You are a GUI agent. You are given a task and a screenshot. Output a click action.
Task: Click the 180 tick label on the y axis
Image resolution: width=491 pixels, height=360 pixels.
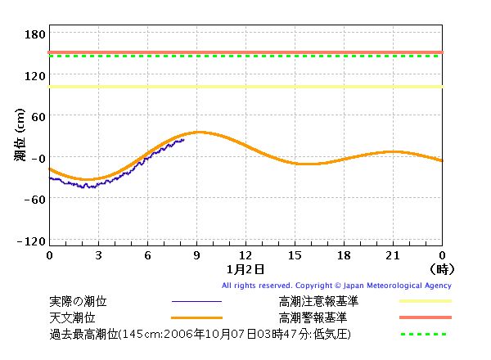(x=34, y=34)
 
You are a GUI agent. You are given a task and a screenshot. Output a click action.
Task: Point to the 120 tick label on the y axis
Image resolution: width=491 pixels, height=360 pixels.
(x=34, y=76)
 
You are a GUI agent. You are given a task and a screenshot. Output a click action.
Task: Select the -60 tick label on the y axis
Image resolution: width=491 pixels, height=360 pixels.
(x=34, y=199)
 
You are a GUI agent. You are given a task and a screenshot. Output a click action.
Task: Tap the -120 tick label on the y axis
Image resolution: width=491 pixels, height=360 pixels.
(x=31, y=241)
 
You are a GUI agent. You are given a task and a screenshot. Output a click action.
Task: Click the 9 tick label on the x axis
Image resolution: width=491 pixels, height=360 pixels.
(x=196, y=255)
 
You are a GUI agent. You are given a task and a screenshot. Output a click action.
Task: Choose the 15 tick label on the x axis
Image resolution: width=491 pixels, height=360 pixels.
(x=295, y=255)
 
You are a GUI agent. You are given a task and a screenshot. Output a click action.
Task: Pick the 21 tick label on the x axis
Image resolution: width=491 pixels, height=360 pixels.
(x=393, y=255)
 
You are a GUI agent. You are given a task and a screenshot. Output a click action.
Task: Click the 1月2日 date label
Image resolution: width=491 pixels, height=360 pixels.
(x=245, y=269)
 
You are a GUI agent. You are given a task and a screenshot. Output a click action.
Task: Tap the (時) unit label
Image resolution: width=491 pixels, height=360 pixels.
(x=442, y=269)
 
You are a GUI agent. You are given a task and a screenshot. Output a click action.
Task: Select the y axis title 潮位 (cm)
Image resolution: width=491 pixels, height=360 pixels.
(x=20, y=135)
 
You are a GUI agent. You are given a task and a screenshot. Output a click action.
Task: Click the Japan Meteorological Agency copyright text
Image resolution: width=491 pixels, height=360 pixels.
(x=336, y=286)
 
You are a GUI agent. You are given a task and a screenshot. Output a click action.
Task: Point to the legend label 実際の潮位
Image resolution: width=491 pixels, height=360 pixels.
(x=78, y=301)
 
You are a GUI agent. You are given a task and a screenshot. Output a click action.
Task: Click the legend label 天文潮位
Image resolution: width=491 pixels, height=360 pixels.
(x=72, y=317)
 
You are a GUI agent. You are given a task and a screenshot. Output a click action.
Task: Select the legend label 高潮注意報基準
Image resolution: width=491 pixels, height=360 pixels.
(x=318, y=301)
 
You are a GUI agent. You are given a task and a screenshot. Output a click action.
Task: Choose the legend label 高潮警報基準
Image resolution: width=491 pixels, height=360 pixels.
(x=313, y=317)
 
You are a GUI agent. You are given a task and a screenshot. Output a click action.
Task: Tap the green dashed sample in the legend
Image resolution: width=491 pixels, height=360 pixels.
(x=424, y=335)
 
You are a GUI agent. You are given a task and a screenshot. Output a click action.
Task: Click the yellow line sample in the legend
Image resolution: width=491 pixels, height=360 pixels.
(x=426, y=301)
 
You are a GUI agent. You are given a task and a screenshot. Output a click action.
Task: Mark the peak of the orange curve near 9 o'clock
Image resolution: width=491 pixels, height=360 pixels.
(x=199, y=133)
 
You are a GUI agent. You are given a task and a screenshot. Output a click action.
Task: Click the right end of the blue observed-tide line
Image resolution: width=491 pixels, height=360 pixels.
(x=184, y=140)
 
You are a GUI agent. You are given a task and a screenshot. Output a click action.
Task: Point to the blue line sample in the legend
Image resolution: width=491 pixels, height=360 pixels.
(x=196, y=301)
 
